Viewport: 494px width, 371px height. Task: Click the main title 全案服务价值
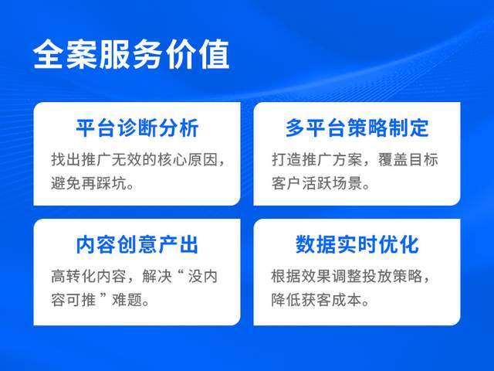point(131,56)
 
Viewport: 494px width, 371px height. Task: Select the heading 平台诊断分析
point(137,128)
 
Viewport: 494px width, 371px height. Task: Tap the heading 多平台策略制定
point(357,128)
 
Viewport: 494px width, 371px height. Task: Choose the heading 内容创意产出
point(137,245)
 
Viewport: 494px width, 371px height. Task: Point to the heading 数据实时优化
point(357,245)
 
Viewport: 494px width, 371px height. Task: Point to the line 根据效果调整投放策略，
point(357,277)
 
